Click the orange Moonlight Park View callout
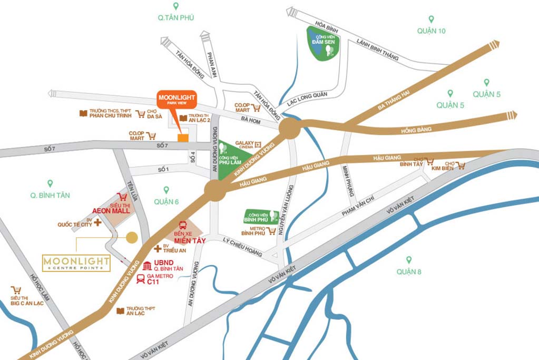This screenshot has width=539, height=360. (177, 100)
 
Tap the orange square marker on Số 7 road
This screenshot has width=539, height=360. (183, 138)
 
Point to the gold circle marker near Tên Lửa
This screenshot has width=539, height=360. (132, 238)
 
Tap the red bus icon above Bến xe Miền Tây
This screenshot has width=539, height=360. (183, 226)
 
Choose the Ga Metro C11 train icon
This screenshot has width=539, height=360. (141, 279)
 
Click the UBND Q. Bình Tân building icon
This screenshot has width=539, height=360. (147, 266)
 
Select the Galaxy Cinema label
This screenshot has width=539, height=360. (245, 144)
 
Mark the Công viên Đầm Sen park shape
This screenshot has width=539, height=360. (323, 43)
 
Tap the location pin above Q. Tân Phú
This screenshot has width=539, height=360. (176, 6)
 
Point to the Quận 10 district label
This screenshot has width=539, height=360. (431, 31)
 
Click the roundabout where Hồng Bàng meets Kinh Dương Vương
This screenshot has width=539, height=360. (289, 128)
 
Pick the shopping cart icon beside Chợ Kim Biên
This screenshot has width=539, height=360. (461, 166)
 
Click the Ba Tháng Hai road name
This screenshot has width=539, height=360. (394, 98)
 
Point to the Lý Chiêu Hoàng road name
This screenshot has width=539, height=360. (243, 247)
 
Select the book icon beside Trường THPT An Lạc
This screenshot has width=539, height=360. (121, 311)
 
